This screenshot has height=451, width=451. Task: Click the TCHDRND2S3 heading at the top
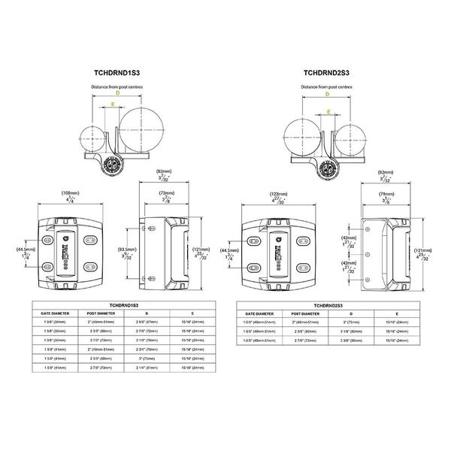coord(328,74)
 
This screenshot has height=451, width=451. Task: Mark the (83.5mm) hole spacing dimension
coord(128,249)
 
